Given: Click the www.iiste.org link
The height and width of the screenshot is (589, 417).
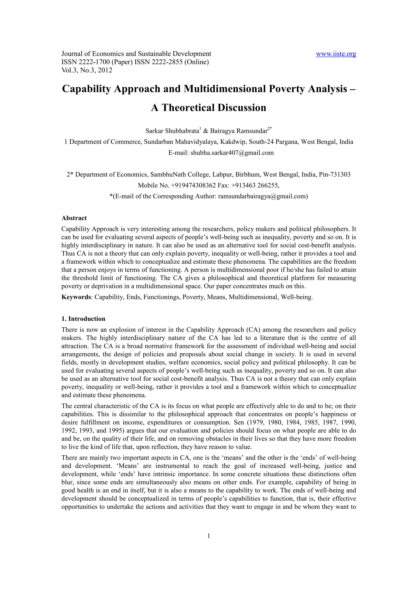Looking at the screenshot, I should (336, 54).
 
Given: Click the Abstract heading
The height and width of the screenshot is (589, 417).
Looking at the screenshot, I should (74, 218).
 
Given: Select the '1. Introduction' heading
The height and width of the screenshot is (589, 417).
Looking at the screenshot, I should (83, 319).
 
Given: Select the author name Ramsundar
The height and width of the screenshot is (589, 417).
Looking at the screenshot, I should (252, 131).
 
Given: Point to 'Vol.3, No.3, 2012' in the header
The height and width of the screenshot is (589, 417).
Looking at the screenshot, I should (87, 70).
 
